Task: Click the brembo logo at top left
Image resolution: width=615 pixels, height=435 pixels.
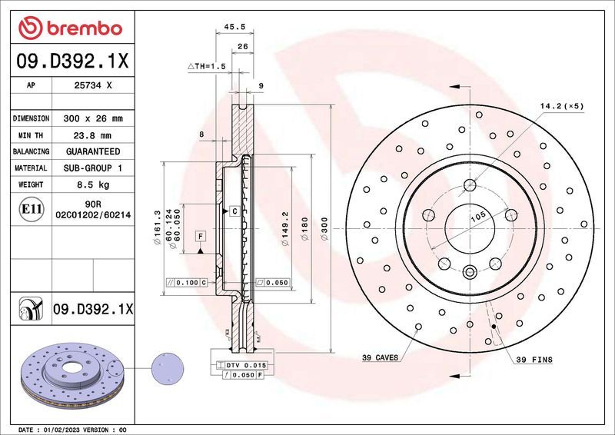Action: (70, 28)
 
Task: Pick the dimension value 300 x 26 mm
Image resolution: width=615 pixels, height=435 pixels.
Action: (93, 119)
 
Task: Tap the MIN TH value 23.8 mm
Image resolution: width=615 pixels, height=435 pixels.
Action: (93, 135)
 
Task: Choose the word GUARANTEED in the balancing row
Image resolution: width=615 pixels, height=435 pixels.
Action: (93, 151)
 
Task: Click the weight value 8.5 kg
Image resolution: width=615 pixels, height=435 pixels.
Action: (93, 184)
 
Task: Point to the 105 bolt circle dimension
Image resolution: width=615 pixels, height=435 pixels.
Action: (477, 217)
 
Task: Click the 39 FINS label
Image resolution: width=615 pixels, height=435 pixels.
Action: (534, 359)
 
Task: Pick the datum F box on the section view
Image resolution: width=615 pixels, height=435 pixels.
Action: (200, 235)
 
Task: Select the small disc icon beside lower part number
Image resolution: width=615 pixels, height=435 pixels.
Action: (28, 310)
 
